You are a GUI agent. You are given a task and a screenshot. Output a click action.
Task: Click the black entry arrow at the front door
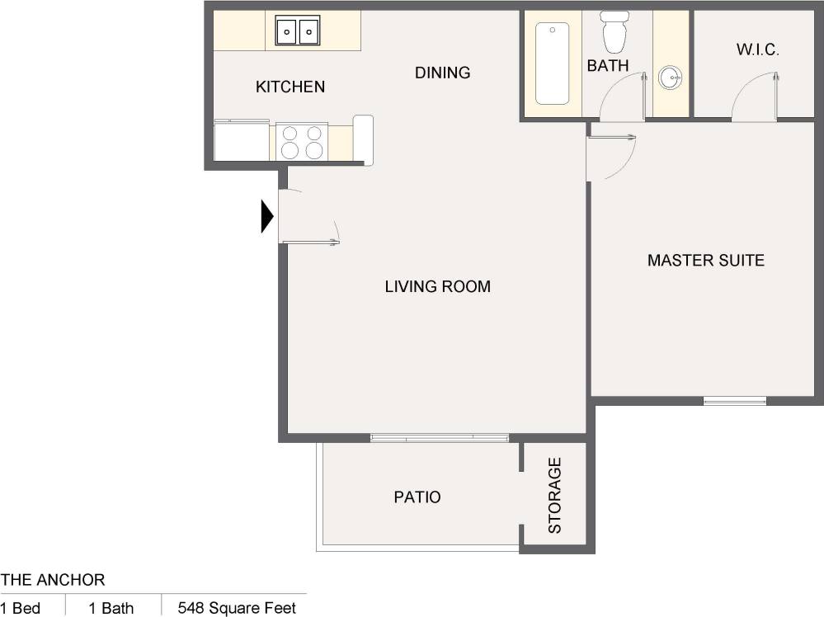(267, 217)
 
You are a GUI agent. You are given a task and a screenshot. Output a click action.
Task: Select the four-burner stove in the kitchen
(301, 142)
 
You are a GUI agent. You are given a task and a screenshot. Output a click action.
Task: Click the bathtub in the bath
(553, 64)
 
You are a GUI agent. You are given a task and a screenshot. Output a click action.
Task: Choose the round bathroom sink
(671, 79)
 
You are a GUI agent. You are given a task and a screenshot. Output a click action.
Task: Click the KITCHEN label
(290, 87)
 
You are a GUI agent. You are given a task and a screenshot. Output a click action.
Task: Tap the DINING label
(442, 73)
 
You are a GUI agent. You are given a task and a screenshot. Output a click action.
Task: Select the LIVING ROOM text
(437, 287)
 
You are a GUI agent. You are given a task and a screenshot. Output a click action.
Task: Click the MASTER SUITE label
(705, 261)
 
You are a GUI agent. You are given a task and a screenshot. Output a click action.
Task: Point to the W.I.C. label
(757, 50)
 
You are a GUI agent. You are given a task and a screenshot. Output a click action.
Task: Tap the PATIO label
(417, 497)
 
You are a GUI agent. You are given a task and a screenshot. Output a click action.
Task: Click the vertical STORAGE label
(555, 495)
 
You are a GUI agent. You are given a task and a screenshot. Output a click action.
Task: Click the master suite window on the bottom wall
(734, 402)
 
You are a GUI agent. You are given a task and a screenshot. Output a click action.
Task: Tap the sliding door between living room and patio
(439, 438)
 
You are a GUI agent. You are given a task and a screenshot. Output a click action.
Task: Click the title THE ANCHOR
(53, 581)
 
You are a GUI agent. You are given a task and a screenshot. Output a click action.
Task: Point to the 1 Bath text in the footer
(111, 609)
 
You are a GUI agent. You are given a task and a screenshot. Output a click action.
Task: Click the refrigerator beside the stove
(242, 140)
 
